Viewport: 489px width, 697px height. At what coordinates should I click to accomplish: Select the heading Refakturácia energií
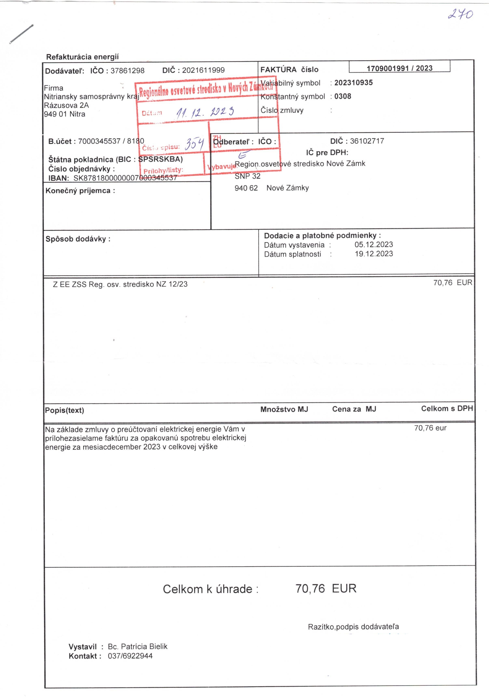(x=82, y=57)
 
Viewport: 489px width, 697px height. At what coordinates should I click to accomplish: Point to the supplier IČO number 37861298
(x=127, y=71)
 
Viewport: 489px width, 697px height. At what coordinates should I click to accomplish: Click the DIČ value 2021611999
(x=203, y=70)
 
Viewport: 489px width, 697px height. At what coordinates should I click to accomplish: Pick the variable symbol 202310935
(x=353, y=83)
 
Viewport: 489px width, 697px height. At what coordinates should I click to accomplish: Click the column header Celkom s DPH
(x=447, y=409)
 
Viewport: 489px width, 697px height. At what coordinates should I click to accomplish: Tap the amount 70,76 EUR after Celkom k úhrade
(x=326, y=588)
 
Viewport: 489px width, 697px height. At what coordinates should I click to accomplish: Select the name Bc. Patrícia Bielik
(x=137, y=646)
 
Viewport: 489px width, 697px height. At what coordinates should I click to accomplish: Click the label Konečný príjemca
(x=80, y=191)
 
